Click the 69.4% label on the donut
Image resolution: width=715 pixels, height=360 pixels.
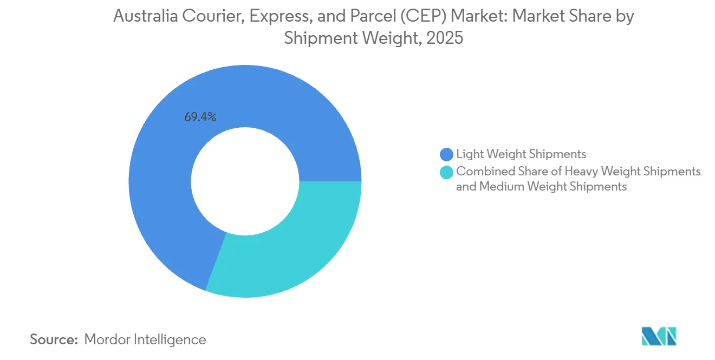tap(200, 117)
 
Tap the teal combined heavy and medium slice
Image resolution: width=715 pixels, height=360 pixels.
tap(292, 249)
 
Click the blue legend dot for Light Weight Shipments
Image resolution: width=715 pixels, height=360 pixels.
tap(447, 154)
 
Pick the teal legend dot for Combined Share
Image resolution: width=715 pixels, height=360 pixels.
tap(447, 172)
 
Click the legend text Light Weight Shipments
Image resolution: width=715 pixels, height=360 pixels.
tap(521, 154)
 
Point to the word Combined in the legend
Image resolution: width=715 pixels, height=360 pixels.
tap(481, 172)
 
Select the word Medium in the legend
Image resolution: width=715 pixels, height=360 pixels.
tap(497, 187)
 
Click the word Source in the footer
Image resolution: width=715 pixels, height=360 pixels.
tap(54, 339)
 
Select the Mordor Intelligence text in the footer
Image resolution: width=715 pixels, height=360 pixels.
tap(145, 339)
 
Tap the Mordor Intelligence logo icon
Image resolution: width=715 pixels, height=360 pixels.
tap(659, 336)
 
